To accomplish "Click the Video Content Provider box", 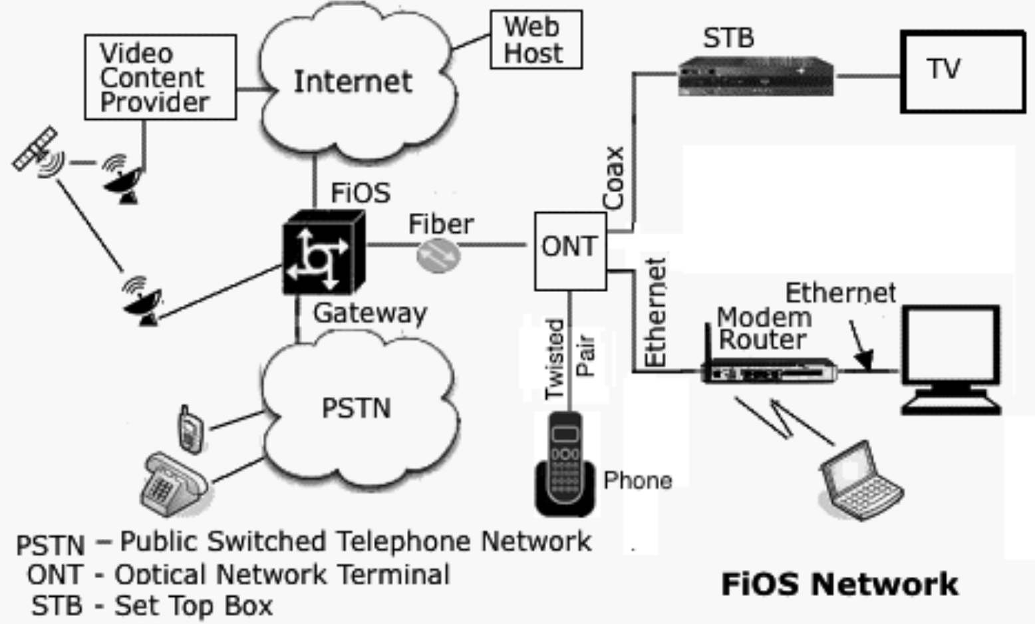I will (160, 77).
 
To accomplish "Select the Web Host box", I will (535, 39).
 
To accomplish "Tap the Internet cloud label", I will (353, 82).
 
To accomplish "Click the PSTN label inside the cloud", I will (356, 408).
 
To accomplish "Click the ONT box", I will (570, 251).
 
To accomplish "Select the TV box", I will (962, 71).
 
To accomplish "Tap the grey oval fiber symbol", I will (438, 255).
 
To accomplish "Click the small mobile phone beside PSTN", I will (188, 429).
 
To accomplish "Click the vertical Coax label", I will (613, 177).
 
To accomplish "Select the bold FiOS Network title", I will (839, 584).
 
